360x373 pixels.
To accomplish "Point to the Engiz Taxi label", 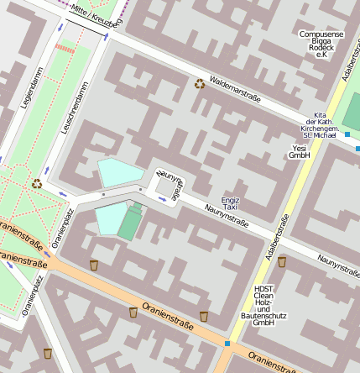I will (x=229, y=202).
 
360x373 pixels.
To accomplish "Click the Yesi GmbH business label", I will (x=300, y=151).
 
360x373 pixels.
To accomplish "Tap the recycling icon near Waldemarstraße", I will (x=200, y=83).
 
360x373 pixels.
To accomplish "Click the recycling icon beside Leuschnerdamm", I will (x=37, y=183).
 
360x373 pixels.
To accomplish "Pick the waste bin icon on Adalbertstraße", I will (x=282, y=261).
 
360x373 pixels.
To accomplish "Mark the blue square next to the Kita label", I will (x=347, y=134).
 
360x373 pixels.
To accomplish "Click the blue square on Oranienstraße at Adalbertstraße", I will (x=227, y=343).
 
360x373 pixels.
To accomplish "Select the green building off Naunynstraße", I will (x=130, y=222).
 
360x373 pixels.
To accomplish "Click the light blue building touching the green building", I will (x=109, y=219).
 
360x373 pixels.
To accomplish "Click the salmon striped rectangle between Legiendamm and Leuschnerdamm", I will (x=65, y=49).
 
